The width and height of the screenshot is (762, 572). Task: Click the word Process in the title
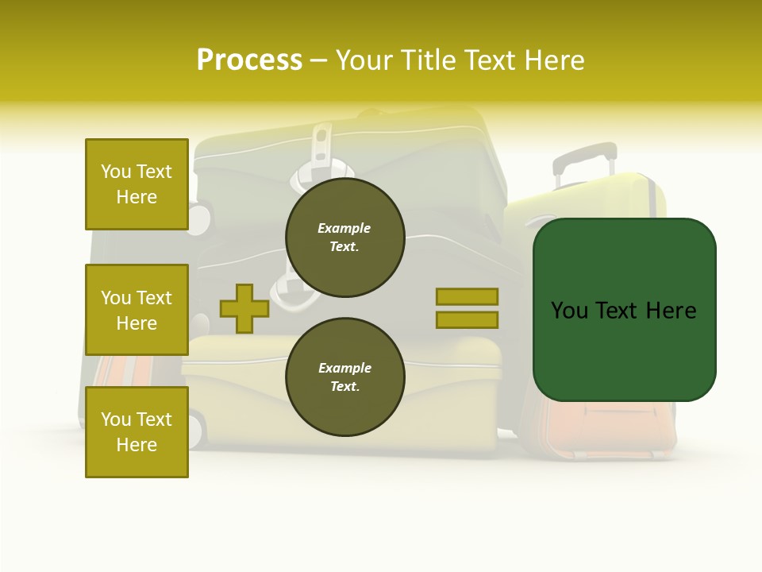(x=249, y=60)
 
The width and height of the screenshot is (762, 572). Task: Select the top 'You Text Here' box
(x=137, y=184)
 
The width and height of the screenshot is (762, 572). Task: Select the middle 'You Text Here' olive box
(x=137, y=310)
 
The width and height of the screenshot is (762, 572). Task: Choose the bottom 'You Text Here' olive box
(x=137, y=431)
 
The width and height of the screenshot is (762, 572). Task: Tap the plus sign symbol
(x=244, y=308)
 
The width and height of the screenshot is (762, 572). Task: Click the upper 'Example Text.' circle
(x=344, y=238)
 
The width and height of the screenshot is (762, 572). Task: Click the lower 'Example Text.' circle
(x=344, y=377)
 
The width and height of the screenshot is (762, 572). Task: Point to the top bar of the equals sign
(x=467, y=296)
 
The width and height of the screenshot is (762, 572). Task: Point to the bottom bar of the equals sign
(x=467, y=320)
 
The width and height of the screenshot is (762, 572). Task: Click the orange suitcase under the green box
(x=611, y=429)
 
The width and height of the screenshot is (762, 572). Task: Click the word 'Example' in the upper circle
(x=344, y=229)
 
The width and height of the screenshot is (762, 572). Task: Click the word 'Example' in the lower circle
(x=344, y=369)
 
